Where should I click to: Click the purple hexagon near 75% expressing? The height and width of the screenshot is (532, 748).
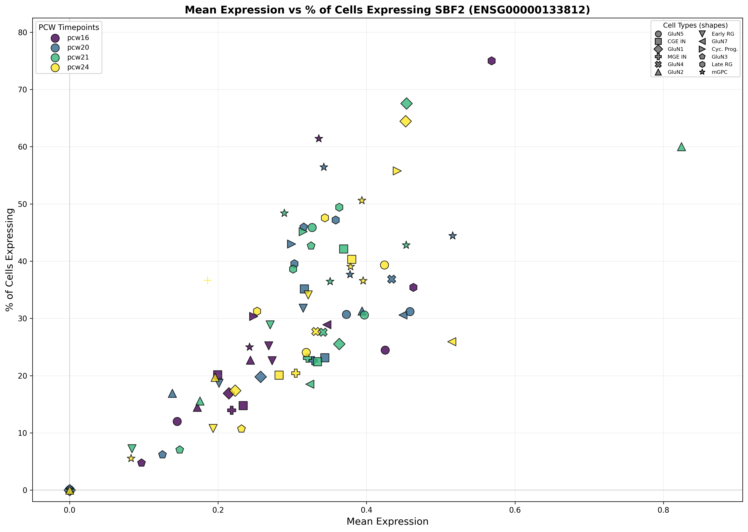click(491, 61)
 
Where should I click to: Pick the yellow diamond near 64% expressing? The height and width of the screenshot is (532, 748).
click(406, 121)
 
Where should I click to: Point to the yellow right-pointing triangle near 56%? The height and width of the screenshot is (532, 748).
click(397, 171)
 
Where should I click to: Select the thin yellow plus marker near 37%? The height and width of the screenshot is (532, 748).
click(207, 280)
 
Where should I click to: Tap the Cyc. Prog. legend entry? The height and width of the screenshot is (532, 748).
click(724, 49)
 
